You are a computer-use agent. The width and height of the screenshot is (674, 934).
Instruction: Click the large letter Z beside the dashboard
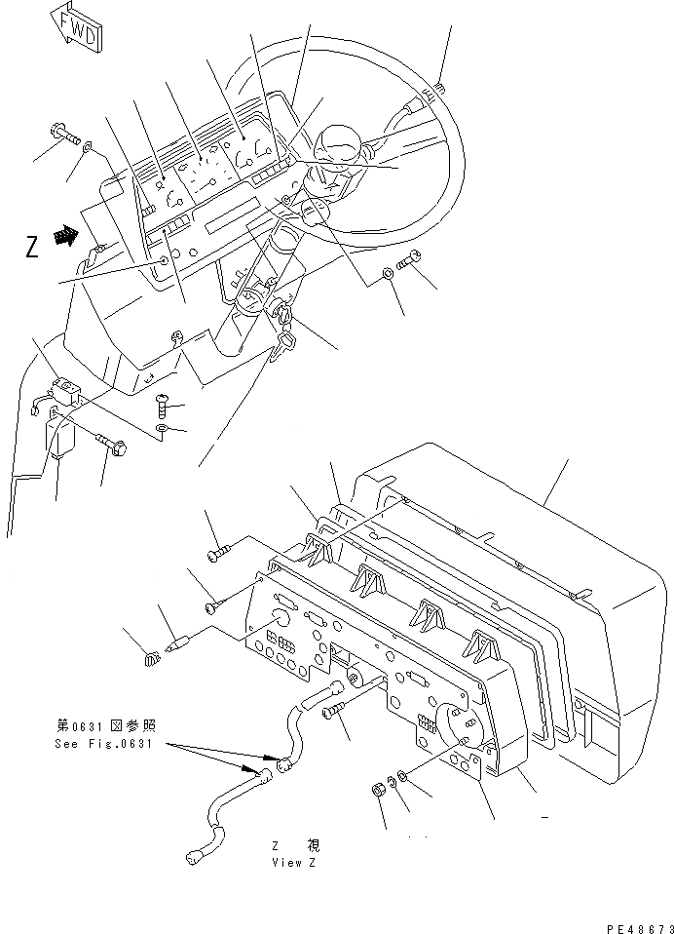click(32, 248)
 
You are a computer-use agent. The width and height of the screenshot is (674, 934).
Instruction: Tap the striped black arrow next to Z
click(64, 235)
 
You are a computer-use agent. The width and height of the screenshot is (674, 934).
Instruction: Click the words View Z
click(294, 863)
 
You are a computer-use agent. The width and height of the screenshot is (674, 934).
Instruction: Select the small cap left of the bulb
click(150, 661)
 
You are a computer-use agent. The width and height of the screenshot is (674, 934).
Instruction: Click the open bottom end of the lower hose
click(192, 859)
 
